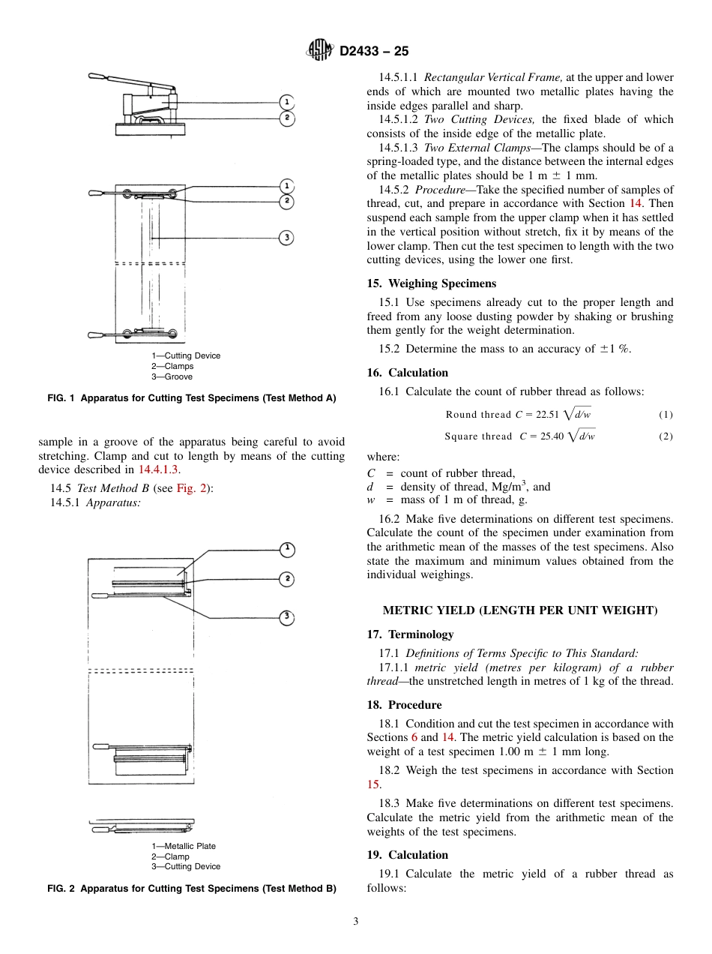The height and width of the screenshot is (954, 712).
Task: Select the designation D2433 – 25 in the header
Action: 374,52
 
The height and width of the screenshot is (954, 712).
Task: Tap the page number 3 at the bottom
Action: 356,921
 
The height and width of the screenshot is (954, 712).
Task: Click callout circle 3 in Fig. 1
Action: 286,238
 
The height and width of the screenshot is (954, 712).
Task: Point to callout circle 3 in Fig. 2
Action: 286,617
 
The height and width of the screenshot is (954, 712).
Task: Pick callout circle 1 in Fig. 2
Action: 286,550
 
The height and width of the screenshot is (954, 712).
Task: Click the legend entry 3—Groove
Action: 172,376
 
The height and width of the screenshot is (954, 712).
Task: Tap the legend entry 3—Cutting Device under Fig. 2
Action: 186,866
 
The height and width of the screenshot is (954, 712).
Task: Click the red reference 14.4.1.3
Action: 159,469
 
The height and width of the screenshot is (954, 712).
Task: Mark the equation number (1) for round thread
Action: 666,415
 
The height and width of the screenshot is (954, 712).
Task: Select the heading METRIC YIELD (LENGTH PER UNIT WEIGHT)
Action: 519,610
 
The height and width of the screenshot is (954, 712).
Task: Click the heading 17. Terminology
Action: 410,634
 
